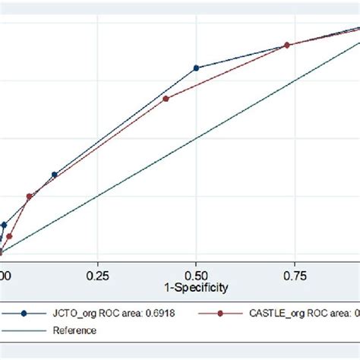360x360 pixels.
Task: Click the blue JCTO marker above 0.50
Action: click(196, 68)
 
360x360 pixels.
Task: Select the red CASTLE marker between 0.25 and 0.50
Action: click(166, 98)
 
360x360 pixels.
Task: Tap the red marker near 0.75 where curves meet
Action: click(287, 46)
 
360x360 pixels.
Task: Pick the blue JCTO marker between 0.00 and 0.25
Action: click(54, 175)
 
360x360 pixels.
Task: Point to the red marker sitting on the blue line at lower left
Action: click(29, 197)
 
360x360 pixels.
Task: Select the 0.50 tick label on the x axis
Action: click(196, 276)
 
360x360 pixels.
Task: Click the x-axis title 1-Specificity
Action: click(196, 289)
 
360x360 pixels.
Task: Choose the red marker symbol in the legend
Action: click(220, 312)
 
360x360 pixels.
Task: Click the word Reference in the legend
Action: click(74, 330)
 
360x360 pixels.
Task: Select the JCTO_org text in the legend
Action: click(70, 312)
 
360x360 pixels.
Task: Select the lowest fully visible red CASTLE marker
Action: click(9, 236)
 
